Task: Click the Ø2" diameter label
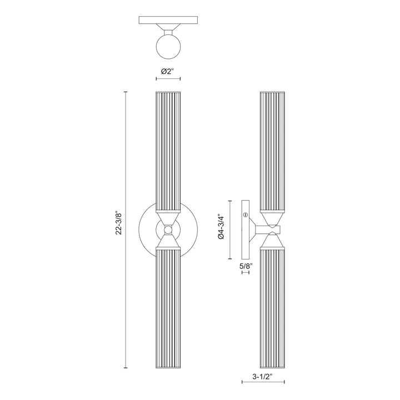point(167,71)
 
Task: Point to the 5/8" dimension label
point(246,267)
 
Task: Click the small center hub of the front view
point(167,229)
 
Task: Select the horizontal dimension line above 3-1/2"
point(264,383)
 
